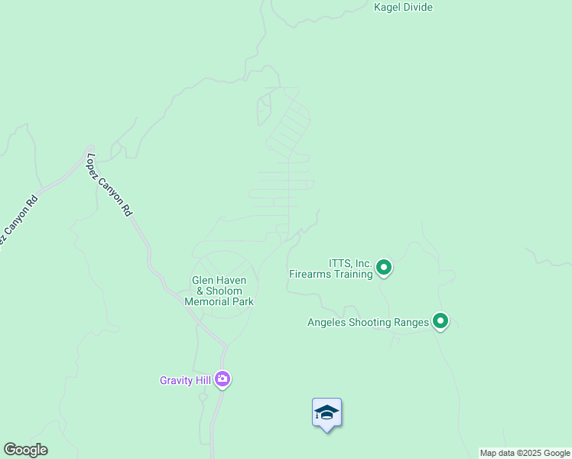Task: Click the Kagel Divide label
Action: (403, 8)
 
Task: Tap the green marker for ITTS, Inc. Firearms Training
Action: (384, 268)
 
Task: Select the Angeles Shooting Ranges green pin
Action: (440, 321)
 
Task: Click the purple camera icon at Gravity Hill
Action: (223, 379)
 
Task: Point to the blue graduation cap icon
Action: (327, 413)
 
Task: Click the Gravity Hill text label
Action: (185, 380)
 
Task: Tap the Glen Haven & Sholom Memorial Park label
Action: (219, 291)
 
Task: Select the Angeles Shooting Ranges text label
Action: (368, 322)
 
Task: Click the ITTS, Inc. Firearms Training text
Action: (330, 268)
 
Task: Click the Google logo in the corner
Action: (25, 450)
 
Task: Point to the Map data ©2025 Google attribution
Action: (525, 453)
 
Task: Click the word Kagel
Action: (388, 8)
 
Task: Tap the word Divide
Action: (418, 8)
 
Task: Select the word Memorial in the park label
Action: (210, 301)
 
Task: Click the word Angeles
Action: (327, 322)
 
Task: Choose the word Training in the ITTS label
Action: (354, 273)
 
